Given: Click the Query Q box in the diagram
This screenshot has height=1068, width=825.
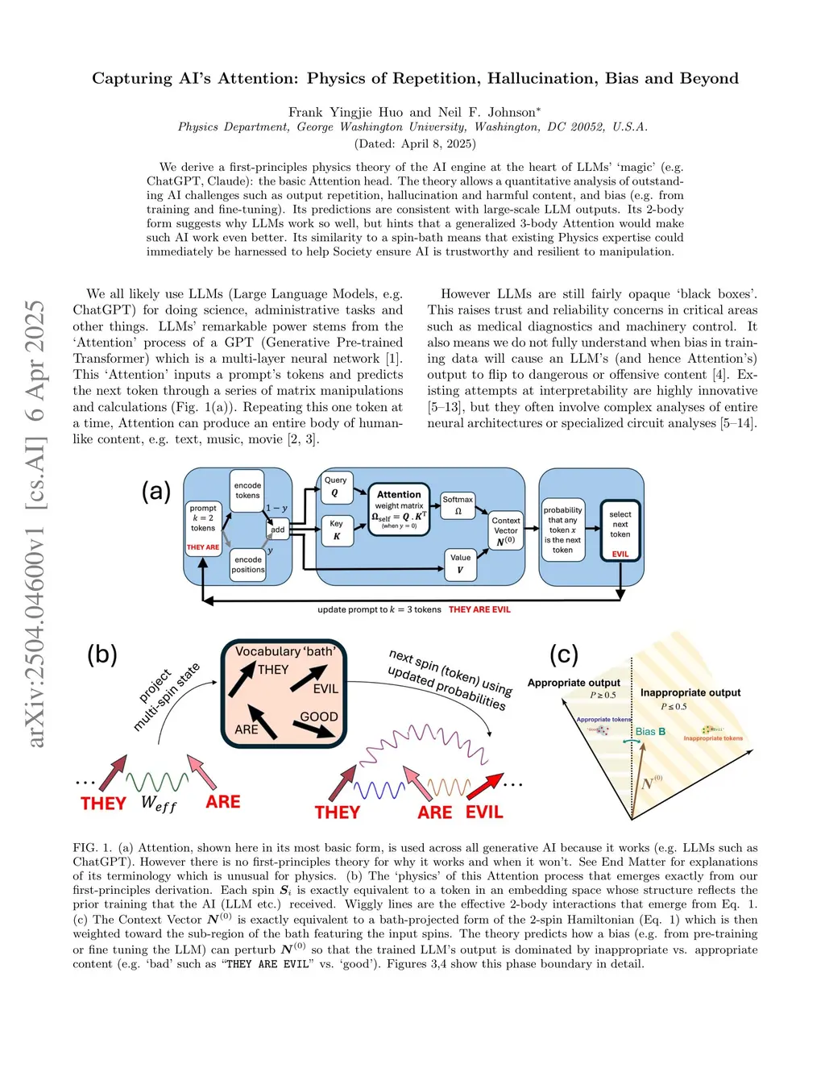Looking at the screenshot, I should click(x=336, y=486).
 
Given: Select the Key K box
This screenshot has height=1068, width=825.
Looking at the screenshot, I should click(x=337, y=530).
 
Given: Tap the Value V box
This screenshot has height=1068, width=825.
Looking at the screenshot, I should click(x=460, y=563).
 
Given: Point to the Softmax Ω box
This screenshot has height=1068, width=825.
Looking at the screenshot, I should click(x=458, y=505).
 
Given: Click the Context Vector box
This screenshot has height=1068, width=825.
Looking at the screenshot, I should click(x=506, y=530).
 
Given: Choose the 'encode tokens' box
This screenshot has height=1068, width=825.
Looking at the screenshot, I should click(x=247, y=490).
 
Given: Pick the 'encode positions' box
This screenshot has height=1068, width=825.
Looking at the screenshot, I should click(x=247, y=564).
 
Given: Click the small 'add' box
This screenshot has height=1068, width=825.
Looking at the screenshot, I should click(x=278, y=530).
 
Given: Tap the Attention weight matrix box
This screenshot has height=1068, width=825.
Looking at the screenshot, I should click(x=399, y=509).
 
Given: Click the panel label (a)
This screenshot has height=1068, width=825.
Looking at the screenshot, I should click(x=156, y=491).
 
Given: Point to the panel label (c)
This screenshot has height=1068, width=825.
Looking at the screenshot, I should click(x=564, y=654).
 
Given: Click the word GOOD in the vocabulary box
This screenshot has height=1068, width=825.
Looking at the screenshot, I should click(x=318, y=717).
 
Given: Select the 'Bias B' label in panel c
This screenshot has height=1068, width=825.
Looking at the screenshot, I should click(x=650, y=732).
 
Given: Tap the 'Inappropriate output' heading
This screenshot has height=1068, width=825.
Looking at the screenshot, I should click(x=690, y=692).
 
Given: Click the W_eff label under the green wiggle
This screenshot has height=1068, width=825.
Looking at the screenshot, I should click(x=158, y=803).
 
